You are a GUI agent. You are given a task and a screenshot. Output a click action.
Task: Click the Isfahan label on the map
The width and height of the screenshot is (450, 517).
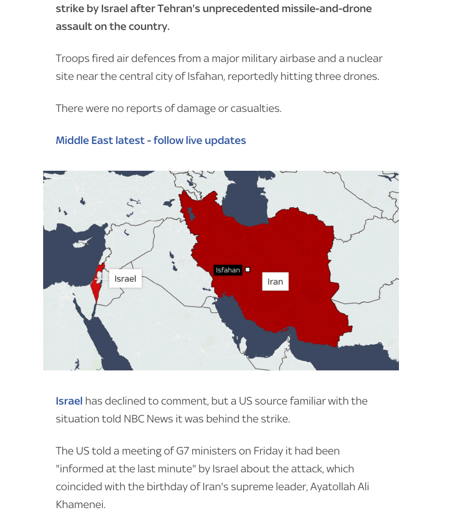pyautogui.click(x=228, y=270)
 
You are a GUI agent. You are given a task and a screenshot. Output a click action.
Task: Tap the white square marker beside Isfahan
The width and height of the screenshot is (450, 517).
pyautogui.click(x=248, y=270)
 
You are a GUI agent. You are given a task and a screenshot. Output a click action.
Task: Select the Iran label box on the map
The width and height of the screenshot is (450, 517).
pyautogui.click(x=275, y=282)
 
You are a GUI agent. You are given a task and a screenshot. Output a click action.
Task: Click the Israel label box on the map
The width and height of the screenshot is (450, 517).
pyautogui.click(x=125, y=278)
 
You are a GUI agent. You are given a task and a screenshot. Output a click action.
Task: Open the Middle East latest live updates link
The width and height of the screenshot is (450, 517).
pyautogui.click(x=151, y=140)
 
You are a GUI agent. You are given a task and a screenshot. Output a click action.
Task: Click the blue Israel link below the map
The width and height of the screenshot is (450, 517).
pyautogui.click(x=69, y=401)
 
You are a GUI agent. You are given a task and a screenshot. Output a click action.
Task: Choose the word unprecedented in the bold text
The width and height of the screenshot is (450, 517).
pyautogui.click(x=251, y=9)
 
